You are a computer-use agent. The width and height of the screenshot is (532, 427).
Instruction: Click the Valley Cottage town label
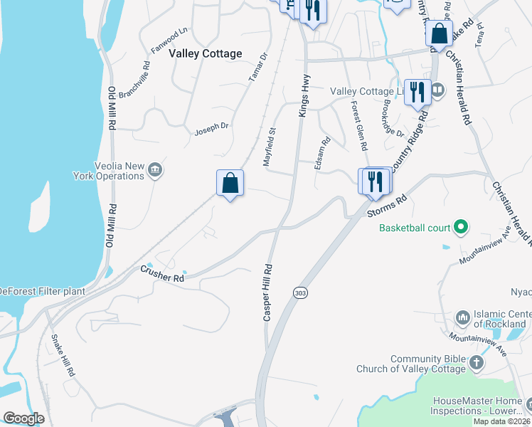click(x=205, y=53)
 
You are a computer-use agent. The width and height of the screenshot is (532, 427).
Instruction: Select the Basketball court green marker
click(x=460, y=228)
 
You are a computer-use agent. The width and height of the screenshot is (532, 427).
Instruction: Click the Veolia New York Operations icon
click(x=156, y=169)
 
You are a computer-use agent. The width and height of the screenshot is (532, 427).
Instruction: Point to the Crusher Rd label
click(x=162, y=273)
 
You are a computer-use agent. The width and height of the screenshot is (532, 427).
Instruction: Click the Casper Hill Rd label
click(x=268, y=292)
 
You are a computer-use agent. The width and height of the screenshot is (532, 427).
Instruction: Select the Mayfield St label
click(x=269, y=147)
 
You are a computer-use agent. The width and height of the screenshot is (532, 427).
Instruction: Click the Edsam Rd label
click(x=326, y=151)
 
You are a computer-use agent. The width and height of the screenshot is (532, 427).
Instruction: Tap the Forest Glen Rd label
click(x=358, y=125)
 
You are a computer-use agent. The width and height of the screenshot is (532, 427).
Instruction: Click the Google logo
click(x=23, y=418)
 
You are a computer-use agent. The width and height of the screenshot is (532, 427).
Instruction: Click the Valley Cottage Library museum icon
click(x=437, y=90)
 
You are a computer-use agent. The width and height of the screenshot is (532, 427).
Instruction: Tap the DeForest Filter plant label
click(x=42, y=291)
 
